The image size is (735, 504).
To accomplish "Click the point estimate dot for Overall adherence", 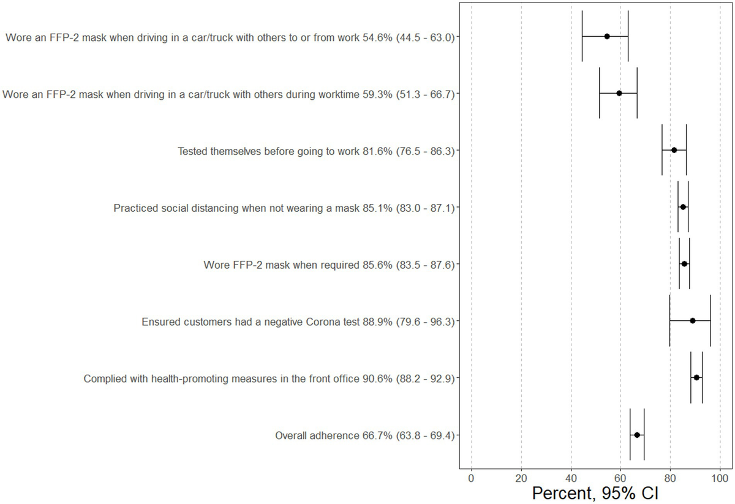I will tap(637, 435).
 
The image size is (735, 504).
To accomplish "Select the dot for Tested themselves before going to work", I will tap(674, 150).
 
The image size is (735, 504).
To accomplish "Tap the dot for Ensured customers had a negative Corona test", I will tap(692, 320).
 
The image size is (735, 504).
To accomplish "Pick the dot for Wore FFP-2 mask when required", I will tap(684, 264).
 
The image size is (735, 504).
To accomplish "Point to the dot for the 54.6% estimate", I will tap(607, 36).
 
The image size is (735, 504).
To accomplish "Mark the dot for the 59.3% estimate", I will tap(619, 93).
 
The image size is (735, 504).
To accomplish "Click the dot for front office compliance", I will tap(696, 378).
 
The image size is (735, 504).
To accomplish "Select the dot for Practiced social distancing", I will tap(683, 207).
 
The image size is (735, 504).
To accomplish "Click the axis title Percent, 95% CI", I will tap(596, 494).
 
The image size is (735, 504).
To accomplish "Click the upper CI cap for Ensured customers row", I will tap(710, 320).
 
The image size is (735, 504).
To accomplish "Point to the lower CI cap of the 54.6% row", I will tap(582, 36).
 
